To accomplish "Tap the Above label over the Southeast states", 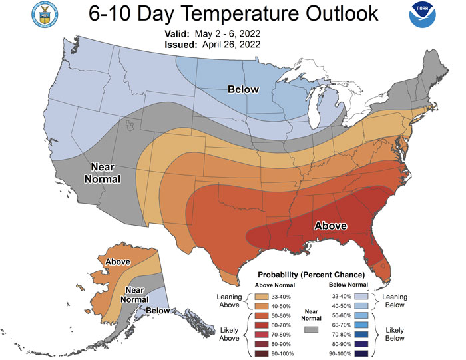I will [330, 226].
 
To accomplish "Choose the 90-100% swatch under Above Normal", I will [266, 352].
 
